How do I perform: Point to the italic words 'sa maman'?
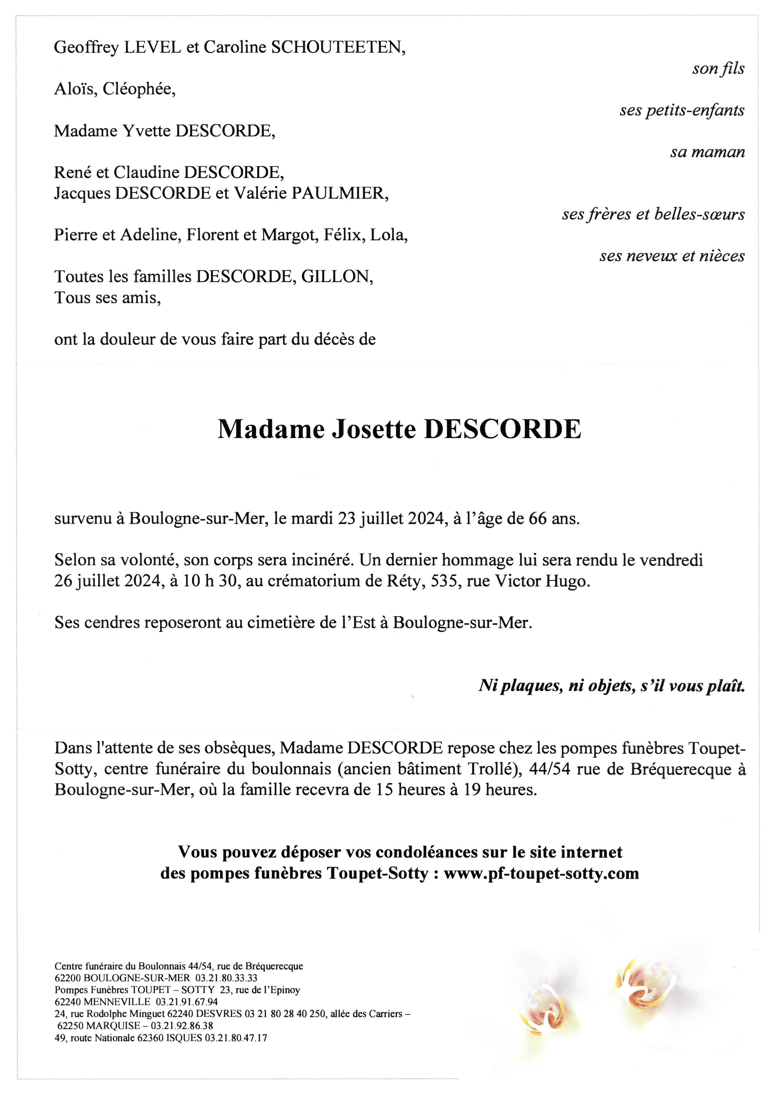(707, 152)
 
